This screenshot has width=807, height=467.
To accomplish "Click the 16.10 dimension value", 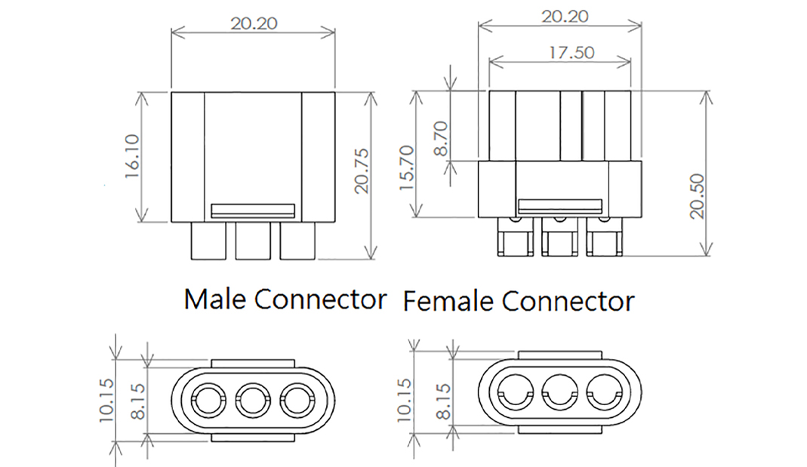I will click(x=132, y=156).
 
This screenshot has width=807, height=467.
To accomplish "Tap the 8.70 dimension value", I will click(x=442, y=138).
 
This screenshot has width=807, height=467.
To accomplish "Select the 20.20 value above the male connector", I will click(x=254, y=23).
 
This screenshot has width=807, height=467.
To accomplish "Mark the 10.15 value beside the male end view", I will click(x=106, y=398).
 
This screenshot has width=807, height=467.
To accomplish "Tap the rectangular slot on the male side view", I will click(x=253, y=210).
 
